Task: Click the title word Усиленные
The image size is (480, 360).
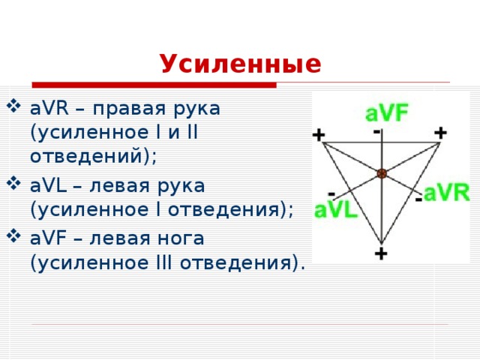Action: (240, 64)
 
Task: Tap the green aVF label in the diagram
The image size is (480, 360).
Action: (386, 114)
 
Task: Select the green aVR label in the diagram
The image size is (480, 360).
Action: (446, 193)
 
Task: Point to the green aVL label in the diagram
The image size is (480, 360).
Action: (335, 210)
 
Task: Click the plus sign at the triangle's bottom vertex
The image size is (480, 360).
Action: (381, 253)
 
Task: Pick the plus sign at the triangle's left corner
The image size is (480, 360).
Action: (319, 135)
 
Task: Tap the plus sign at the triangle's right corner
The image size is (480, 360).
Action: (440, 133)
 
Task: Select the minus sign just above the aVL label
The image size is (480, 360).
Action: (331, 193)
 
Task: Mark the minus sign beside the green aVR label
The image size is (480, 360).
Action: (418, 199)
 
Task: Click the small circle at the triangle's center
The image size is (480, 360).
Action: (382, 173)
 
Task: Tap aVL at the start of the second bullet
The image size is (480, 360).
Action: (48, 184)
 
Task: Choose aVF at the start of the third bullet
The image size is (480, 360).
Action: (48, 238)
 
